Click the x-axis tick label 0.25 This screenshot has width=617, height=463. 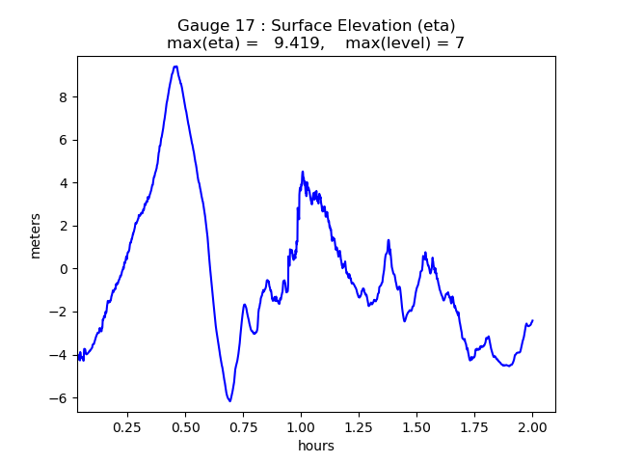click(x=127, y=425)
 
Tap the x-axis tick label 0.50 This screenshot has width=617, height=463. click(x=185, y=425)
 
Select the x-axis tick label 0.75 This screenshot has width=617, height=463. click(x=243, y=425)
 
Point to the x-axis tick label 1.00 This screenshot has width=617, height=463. click(x=301, y=425)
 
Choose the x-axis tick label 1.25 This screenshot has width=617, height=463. click(x=359, y=425)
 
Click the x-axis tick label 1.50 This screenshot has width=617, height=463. click(x=416, y=425)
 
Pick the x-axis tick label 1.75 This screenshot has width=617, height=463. click(x=474, y=425)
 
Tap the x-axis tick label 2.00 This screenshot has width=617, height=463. click(x=532, y=425)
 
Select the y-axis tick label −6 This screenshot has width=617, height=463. click(x=61, y=397)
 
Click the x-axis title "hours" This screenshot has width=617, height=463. click(x=316, y=446)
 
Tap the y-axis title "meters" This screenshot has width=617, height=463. click(x=36, y=234)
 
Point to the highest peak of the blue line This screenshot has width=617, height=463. click(x=175, y=67)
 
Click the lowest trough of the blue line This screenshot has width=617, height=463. click(x=229, y=401)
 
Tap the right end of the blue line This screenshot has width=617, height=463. click(x=532, y=320)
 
